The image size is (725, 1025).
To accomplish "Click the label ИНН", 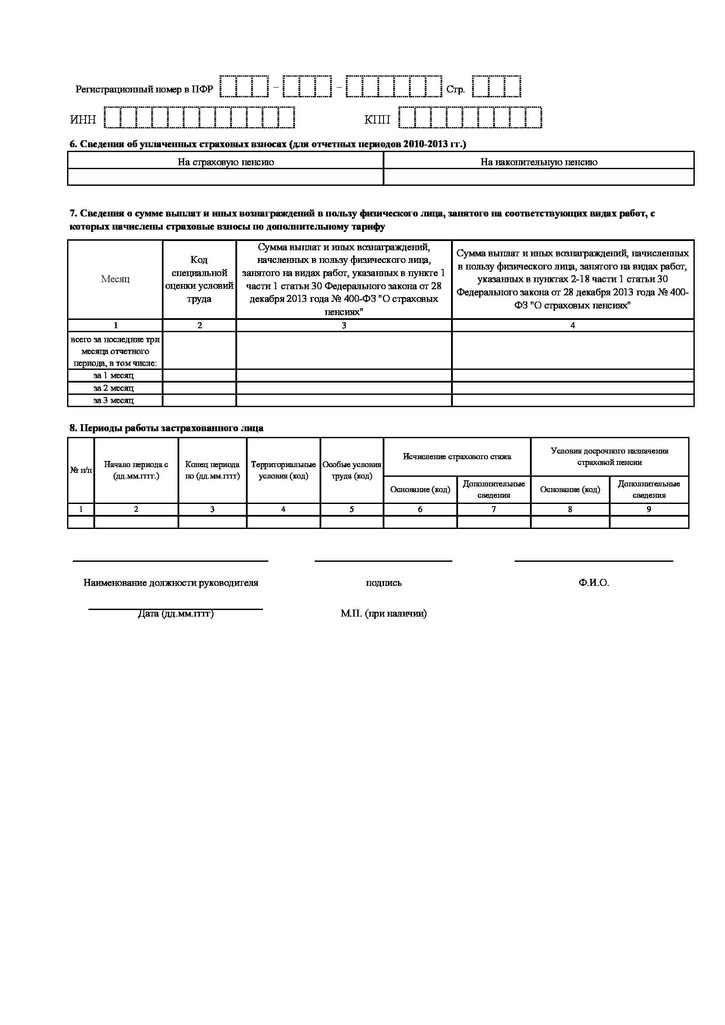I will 83,120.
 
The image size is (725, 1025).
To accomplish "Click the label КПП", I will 377,120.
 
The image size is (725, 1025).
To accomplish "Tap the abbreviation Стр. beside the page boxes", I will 455,89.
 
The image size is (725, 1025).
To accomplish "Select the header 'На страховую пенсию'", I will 225,162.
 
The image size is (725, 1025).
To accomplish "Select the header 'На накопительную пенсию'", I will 539,162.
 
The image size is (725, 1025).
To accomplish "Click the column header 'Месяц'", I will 115,279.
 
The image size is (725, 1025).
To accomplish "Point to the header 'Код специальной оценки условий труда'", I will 199,279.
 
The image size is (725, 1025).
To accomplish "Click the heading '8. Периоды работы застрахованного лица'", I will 166,428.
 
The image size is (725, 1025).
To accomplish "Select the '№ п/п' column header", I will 81,470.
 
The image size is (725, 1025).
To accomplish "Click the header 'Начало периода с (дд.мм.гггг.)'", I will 136,470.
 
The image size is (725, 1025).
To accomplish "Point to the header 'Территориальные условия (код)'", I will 284,470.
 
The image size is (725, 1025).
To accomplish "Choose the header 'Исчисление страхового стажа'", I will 457,456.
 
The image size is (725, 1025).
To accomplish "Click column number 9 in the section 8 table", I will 649,509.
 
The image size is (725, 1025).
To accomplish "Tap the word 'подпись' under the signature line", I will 384,582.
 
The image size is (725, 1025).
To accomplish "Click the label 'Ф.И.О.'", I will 594,582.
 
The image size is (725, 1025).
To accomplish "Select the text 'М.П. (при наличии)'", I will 384,614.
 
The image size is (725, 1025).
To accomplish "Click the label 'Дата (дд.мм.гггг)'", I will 175,614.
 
